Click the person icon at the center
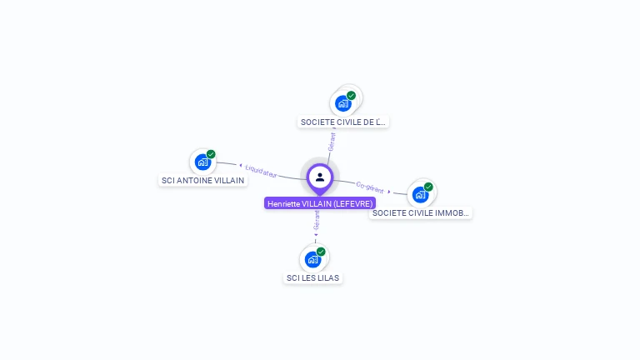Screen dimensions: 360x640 point(320,177)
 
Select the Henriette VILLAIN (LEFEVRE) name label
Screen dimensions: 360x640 point(320,203)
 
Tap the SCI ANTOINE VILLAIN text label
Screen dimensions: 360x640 point(202,180)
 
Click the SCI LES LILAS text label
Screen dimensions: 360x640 point(312,277)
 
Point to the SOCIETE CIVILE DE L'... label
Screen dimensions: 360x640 point(343,122)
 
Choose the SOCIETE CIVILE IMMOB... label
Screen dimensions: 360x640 point(421,212)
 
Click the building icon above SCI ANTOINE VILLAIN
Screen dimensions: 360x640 point(202,162)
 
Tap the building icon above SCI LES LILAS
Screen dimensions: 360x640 point(312,259)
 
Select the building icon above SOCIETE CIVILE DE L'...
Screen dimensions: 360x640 point(342,103)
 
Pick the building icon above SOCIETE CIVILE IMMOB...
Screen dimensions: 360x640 point(420,194)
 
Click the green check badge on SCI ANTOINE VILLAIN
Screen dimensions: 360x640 point(211,154)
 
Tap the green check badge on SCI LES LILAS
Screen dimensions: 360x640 point(321,252)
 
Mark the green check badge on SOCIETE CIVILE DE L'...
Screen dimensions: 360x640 point(351,96)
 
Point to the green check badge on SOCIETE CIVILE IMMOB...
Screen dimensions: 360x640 point(428,187)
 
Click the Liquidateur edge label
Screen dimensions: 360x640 point(261,171)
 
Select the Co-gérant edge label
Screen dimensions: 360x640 point(370,187)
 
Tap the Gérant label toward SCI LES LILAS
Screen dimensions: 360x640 point(317,220)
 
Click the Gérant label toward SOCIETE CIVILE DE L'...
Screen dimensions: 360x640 point(332,141)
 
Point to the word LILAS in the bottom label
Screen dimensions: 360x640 point(327,277)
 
